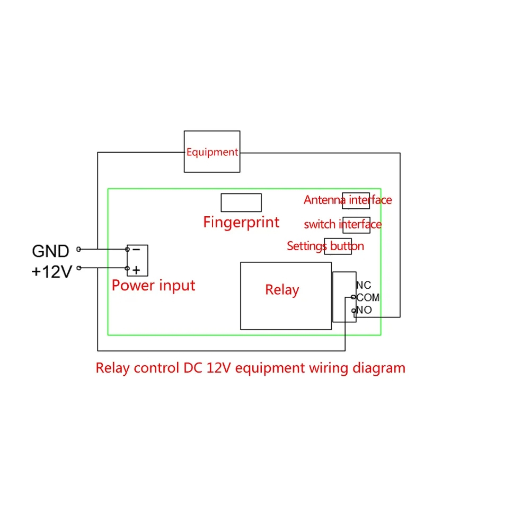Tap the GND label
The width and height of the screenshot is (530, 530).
tap(51, 251)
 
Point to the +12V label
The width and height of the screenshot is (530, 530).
tap(52, 272)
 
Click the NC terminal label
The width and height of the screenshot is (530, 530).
tap(364, 285)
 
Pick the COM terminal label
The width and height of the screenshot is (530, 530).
tap(368, 297)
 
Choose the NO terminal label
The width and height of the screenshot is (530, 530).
tap(365, 310)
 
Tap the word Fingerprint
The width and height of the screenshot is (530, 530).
tap(241, 223)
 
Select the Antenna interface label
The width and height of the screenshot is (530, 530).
tap(348, 200)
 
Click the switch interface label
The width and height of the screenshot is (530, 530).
tap(343, 224)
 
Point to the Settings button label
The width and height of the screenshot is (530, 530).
tap(325, 246)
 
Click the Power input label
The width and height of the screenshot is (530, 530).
tap(153, 286)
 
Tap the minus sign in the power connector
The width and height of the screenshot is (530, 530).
tap(136, 250)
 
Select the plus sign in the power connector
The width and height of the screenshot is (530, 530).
tap(136, 270)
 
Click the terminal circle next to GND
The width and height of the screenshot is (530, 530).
tap(79, 249)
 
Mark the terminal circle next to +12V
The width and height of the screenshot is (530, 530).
tap(79, 268)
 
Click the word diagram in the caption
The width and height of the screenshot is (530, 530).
tap(379, 368)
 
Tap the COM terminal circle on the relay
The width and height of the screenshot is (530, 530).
tap(353, 297)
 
